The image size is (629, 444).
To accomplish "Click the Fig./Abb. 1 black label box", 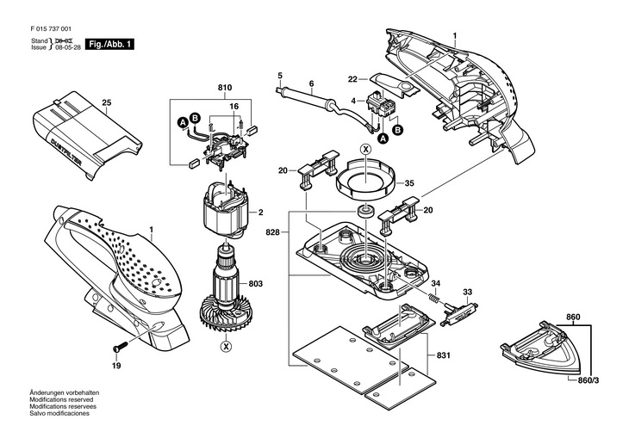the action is (109, 44).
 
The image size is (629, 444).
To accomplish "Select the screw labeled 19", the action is (120, 346).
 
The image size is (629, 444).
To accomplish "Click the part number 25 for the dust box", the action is (106, 103).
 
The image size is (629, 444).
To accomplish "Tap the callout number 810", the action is (225, 88).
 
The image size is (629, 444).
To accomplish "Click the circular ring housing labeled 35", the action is (365, 178).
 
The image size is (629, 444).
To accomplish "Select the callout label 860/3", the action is (588, 380).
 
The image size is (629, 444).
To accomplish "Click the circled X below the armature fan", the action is (227, 346).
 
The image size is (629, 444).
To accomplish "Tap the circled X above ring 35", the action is (365, 150).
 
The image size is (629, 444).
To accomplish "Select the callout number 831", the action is (443, 355).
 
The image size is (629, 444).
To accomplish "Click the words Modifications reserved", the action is (61, 399).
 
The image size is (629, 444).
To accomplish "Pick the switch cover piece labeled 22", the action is (395, 84).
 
